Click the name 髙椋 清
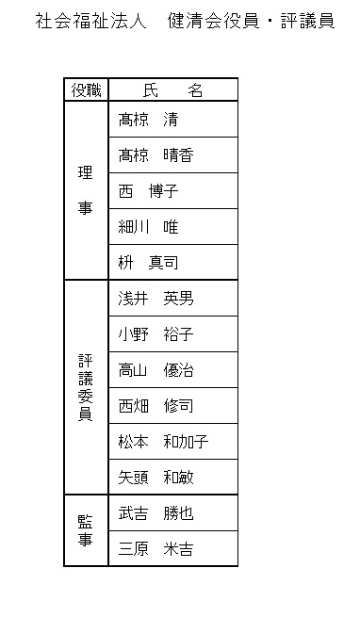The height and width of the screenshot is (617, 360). point(149,120)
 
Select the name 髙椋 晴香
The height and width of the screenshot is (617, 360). point(156,155)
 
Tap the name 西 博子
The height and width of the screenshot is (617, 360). point(149,191)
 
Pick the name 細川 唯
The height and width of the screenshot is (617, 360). point(149,227)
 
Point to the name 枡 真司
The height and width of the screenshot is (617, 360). point(149,263)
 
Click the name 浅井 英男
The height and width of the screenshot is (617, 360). point(156,299)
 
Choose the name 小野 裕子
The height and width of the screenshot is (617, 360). point(156,334)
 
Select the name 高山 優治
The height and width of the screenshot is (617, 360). point(156,370)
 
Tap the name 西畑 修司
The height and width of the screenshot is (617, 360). point(156,406)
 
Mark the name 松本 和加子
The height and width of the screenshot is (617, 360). point(163,442)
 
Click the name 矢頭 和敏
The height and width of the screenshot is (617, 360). point(156,478)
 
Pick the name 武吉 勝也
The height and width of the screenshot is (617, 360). point(156,513)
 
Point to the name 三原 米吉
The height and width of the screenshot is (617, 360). point(156,549)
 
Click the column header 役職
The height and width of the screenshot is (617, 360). point(87,90)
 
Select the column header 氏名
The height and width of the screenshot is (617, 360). point(172,90)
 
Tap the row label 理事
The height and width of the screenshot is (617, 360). point(86,190)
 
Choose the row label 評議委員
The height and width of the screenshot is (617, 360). point(86,388)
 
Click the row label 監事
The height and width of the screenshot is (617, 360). point(86,530)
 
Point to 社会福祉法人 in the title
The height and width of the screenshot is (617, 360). point(91,21)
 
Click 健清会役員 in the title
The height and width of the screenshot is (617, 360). point(214,21)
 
